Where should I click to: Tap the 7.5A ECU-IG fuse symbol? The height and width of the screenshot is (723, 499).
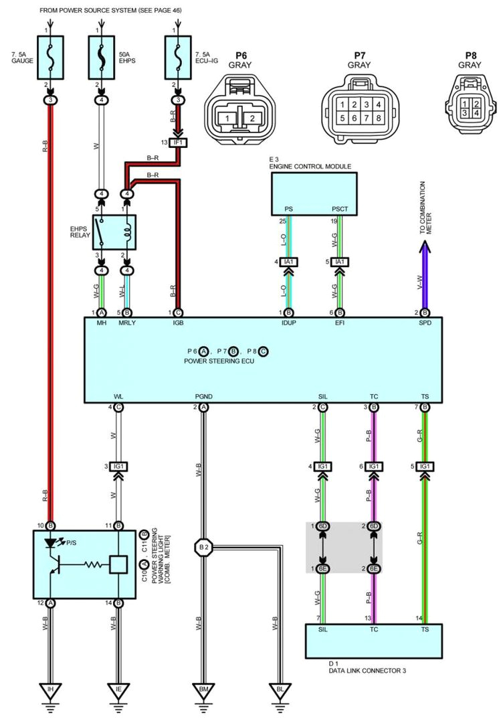178,56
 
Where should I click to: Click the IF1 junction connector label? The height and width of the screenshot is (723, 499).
179,143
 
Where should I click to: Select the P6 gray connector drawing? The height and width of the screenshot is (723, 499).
239,110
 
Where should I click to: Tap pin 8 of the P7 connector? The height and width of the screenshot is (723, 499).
379,118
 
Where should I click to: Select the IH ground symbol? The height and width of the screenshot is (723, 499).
51,690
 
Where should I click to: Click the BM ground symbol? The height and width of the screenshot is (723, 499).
203,690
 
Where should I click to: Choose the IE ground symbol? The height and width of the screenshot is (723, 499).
118,690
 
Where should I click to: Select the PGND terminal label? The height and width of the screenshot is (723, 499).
204,397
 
